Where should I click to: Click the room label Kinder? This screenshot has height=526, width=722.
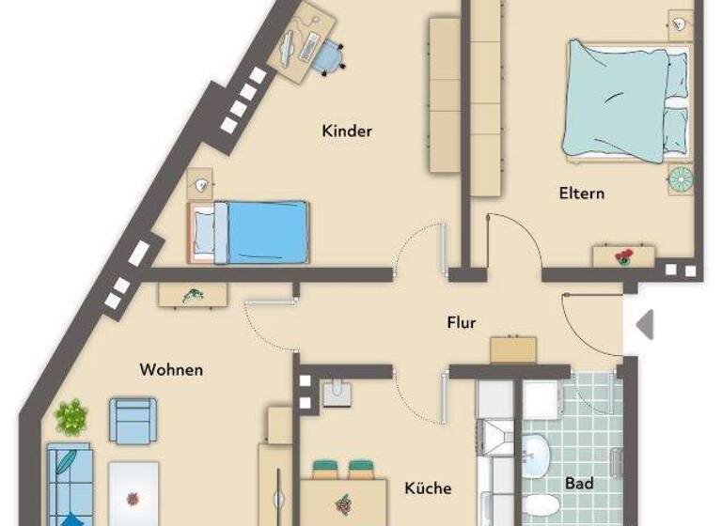click(347, 131)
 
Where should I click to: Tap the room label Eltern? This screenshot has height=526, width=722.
click(581, 193)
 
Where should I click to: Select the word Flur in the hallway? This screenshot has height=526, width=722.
click(461, 323)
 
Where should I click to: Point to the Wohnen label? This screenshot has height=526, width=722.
click(171, 369)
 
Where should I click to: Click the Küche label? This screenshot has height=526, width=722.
click(428, 488)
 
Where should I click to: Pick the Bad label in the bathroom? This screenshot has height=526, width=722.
click(579, 484)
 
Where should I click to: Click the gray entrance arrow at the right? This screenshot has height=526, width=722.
click(644, 324)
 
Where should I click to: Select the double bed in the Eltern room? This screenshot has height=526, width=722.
click(626, 99)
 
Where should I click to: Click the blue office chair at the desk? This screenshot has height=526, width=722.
click(327, 58)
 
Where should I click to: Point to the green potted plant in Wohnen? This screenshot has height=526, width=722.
click(71, 415)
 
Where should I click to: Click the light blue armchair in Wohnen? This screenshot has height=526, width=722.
click(132, 420)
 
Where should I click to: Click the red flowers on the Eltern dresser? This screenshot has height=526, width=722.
click(622, 256)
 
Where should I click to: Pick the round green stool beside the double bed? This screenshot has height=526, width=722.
click(680, 176)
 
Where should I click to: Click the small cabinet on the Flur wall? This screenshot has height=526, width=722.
click(513, 348)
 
